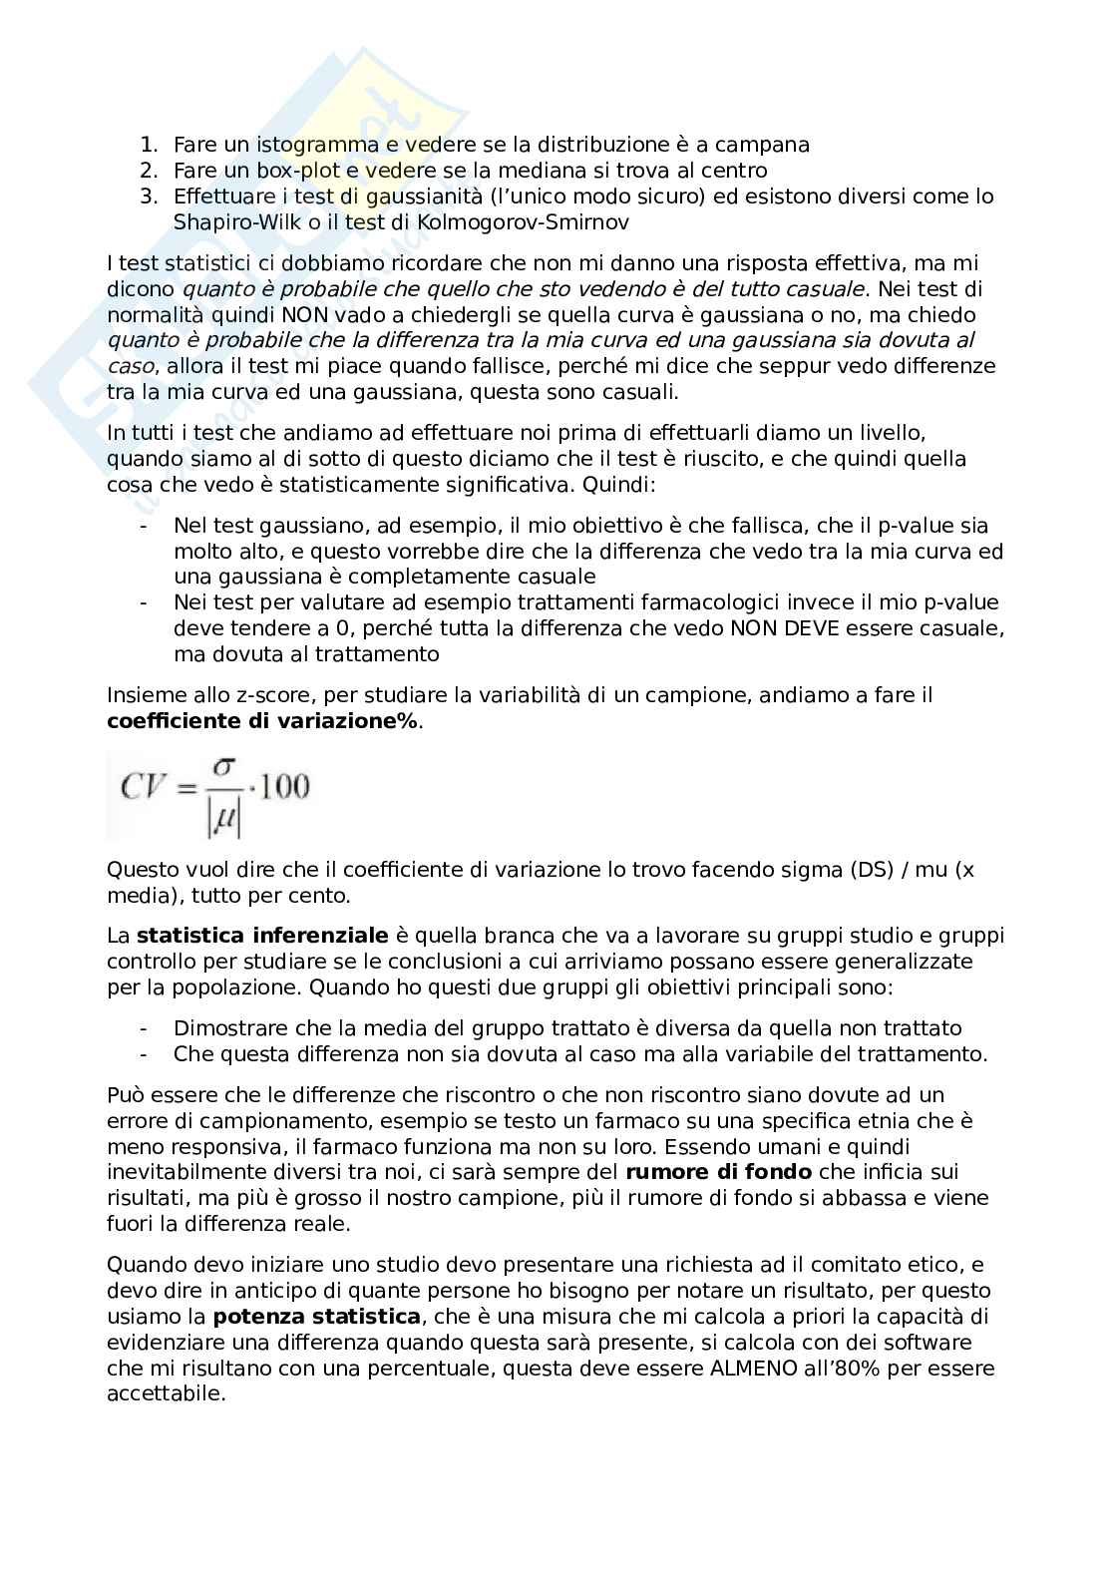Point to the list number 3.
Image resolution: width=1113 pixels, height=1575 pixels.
pyautogui.click(x=147, y=197)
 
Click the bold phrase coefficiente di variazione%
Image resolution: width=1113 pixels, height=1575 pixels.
pyautogui.click(x=263, y=721)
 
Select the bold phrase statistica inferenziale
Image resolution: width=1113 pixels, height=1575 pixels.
pyautogui.click(x=262, y=937)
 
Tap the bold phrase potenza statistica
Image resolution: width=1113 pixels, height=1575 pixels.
pyautogui.click(x=316, y=1318)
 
